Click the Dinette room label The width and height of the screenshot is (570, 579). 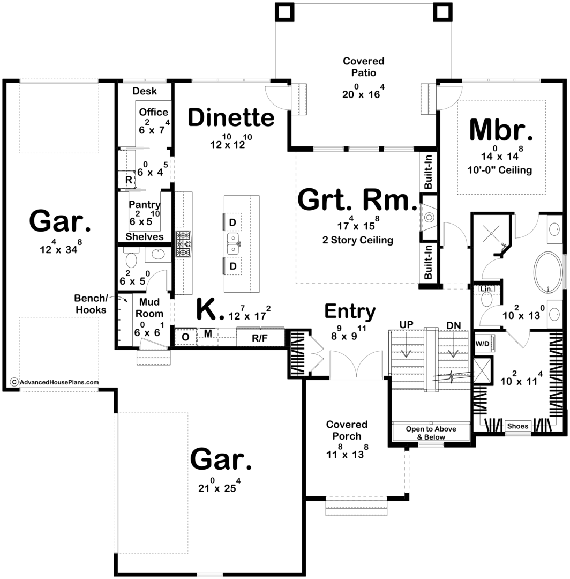231,117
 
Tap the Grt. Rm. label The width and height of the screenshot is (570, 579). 357,199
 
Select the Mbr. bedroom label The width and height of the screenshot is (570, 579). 501,130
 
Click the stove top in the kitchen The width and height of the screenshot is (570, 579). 183,244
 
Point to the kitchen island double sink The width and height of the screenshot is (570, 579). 233,244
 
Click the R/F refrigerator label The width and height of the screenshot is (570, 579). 260,338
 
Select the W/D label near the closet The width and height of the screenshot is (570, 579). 482,344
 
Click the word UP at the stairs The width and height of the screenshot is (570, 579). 406,325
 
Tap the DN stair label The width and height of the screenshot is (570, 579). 453,326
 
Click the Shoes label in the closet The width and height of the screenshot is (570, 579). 517,426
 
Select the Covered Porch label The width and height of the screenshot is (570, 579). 347,430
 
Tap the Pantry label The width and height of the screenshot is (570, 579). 144,204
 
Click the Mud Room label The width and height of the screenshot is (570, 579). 149,308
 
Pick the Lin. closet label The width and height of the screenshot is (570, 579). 486,289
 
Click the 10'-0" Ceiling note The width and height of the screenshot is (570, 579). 500,170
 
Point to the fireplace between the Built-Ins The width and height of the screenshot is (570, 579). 429,218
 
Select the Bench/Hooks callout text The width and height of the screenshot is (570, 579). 91,304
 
